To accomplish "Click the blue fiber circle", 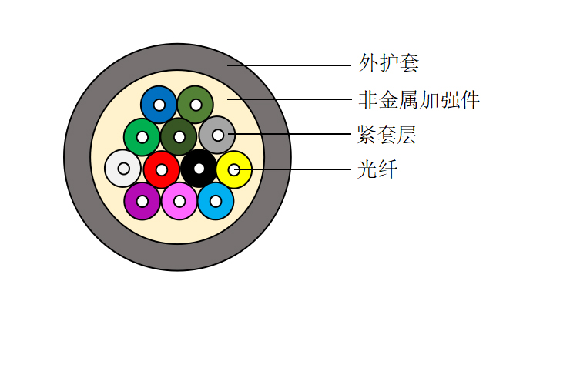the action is click(159, 105).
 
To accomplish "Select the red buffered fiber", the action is click(162, 169).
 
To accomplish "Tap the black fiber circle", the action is click(199, 169).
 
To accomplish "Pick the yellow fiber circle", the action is click(234, 169).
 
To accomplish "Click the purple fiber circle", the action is click(142, 201).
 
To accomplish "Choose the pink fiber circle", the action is click(179, 201).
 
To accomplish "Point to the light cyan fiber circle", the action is click(216, 201).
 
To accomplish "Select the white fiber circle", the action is click(123, 169).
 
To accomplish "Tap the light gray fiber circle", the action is click(217, 136).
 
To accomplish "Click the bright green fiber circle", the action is click(142, 137).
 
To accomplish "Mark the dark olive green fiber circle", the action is click(179, 137).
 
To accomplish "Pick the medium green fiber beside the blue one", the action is click(196, 105).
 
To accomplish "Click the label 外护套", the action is click(389, 63).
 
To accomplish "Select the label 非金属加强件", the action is click(419, 99).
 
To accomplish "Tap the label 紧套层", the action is click(387, 135).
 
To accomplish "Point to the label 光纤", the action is click(377, 169).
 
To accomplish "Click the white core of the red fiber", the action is click(162, 169).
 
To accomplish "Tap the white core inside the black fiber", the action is click(199, 169).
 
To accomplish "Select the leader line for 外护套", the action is click(290, 65).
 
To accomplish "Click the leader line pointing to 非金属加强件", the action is click(290, 99).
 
